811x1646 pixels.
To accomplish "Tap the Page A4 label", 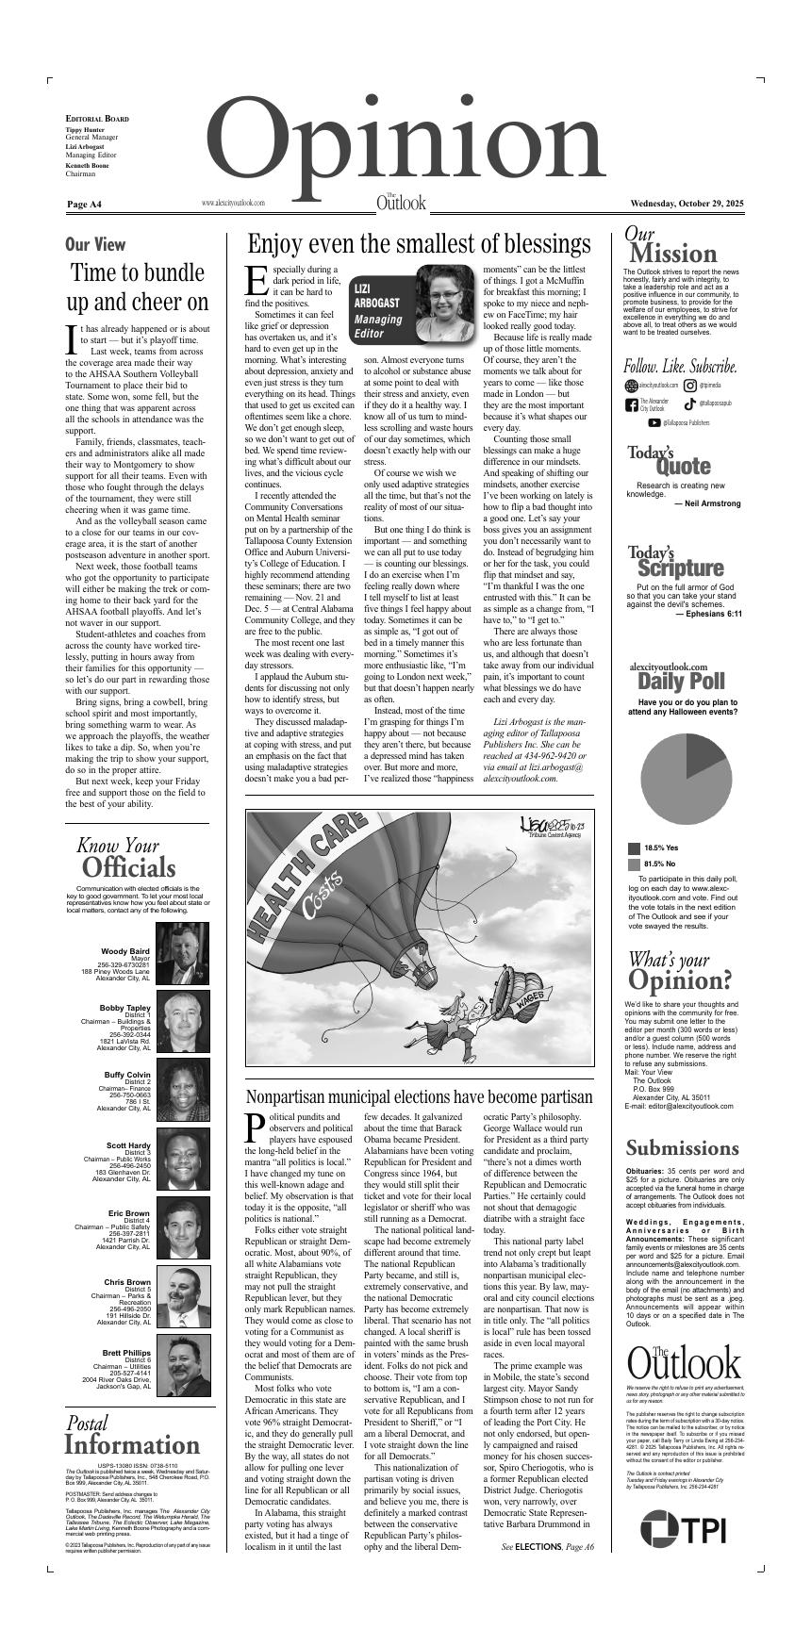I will [84, 205].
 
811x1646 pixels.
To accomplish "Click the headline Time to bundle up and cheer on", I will [139, 288].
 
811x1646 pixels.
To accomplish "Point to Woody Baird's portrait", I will [183, 952].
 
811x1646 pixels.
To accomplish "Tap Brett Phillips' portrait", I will [183, 1365].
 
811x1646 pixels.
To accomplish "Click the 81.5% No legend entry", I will [660, 864].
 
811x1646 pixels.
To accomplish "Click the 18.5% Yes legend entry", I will [660, 848].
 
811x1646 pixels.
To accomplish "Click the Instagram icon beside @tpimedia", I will [690, 386].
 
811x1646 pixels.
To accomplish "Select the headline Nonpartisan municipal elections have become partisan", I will [419, 1096].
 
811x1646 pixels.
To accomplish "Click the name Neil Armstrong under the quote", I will [707, 503].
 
